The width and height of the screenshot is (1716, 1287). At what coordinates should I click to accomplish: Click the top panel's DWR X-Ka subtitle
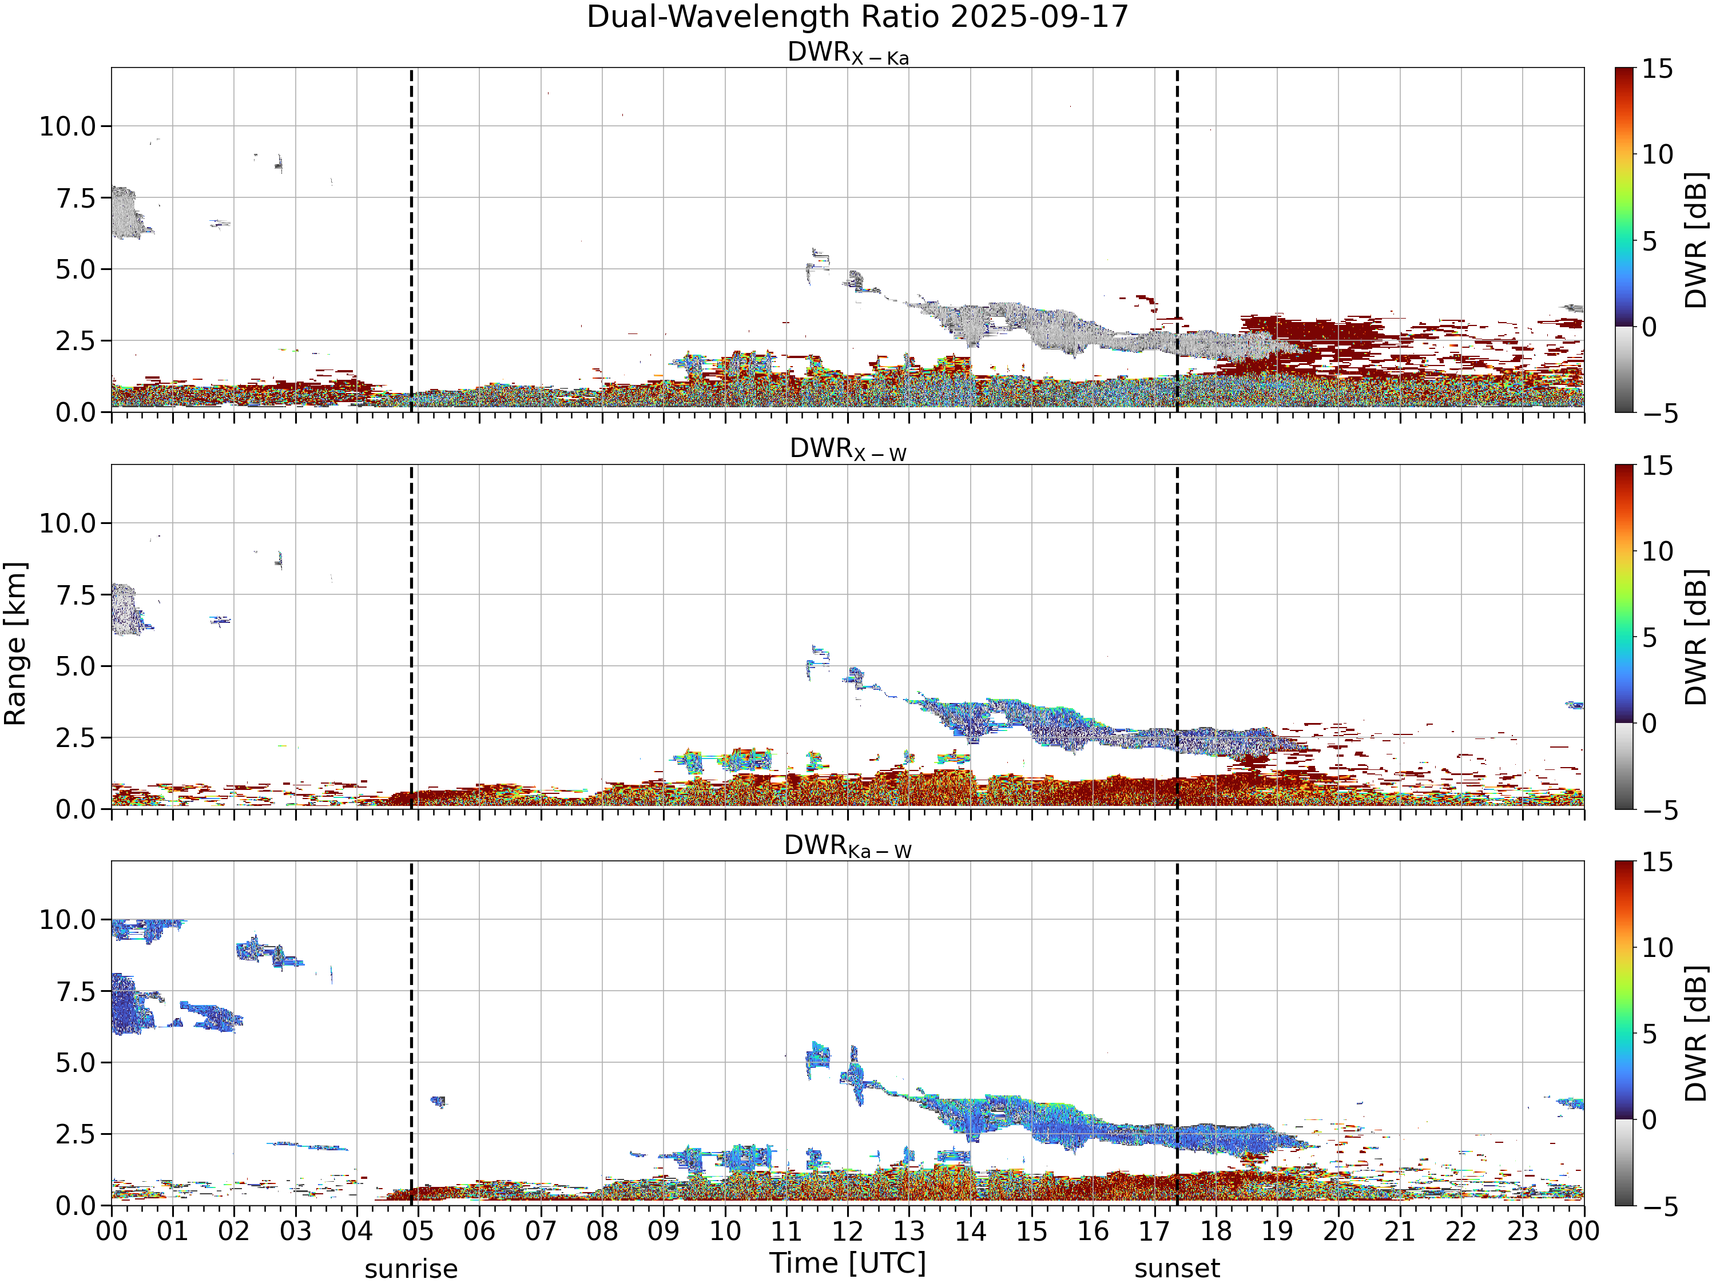point(848,53)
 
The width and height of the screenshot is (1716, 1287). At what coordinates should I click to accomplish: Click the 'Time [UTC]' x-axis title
point(848,1263)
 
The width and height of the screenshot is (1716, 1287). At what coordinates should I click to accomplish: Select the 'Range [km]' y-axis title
point(15,644)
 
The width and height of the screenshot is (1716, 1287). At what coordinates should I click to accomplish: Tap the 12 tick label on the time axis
point(847,1231)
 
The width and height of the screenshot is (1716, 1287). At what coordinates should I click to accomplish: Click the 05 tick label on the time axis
point(418,1231)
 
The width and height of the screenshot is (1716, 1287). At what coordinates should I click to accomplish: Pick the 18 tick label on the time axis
point(1215,1231)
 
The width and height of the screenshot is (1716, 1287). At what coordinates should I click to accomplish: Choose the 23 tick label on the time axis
point(1522,1231)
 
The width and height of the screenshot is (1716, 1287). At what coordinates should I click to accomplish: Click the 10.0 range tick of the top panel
point(67,126)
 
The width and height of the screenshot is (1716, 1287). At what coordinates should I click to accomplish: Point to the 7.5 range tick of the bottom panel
point(76,991)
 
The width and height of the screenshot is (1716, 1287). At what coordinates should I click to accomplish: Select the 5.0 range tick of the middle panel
point(76,666)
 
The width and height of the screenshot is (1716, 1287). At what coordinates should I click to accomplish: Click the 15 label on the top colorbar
point(1657,69)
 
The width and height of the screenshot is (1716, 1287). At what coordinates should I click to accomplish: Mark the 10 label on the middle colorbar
point(1657,551)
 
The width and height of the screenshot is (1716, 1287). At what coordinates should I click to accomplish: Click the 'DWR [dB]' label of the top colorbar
point(1697,240)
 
